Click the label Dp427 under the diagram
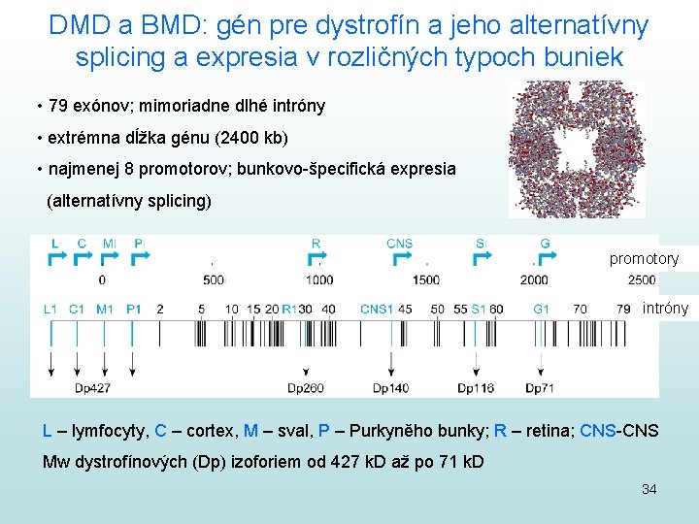(93, 388)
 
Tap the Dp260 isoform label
(306, 388)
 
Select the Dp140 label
(390, 388)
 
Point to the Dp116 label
(476, 388)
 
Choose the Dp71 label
(541, 388)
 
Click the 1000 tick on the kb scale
(318, 279)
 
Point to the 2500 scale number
(641, 279)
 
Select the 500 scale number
(213, 279)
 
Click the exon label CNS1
(377, 310)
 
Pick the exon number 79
(623, 310)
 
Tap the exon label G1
(541, 310)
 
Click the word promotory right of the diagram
(644, 259)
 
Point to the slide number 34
(649, 489)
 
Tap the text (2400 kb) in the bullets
(252, 137)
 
